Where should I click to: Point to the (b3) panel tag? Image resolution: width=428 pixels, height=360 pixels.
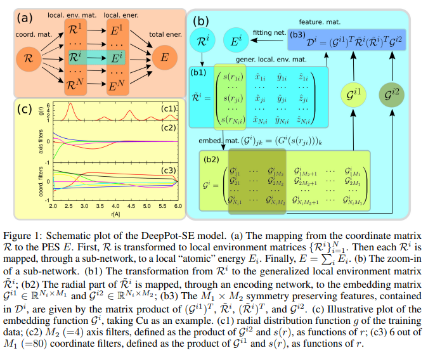pyautogui.click(x=297, y=35)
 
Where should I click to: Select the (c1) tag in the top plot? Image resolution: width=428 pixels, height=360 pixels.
pyautogui.click(x=167, y=108)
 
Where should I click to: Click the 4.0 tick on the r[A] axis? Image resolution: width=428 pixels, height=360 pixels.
pyautogui.click(x=115, y=207)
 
